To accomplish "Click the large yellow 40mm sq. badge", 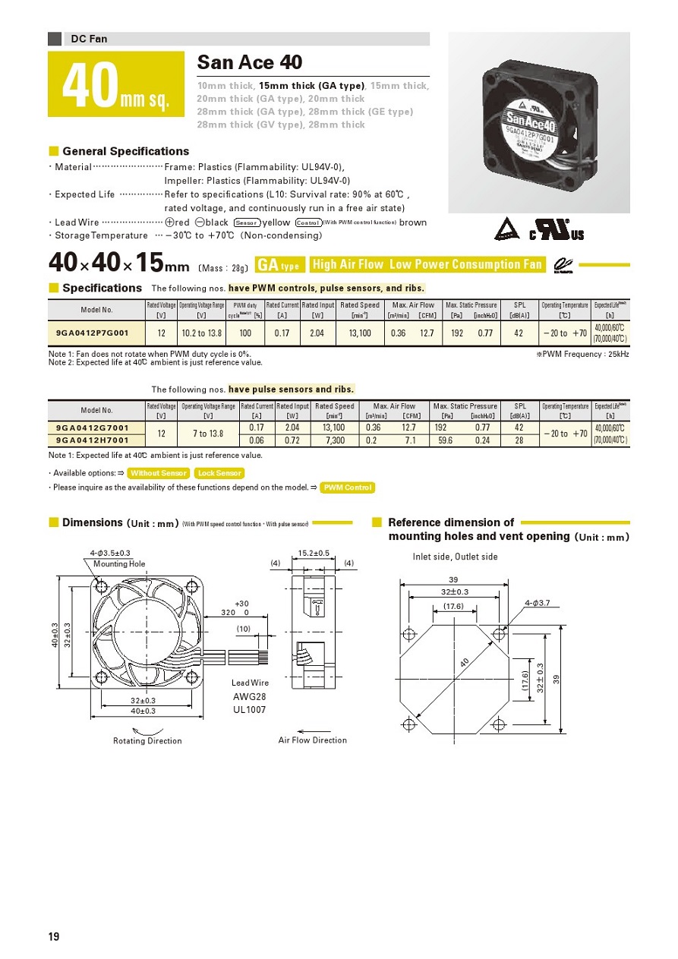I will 116,84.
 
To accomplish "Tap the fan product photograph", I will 539,122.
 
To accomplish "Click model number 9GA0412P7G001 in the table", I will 93,333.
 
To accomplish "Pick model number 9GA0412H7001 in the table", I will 93,440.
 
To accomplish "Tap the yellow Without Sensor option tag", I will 158,473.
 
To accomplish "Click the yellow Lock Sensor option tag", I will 219,473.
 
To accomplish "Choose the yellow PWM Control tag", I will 347,487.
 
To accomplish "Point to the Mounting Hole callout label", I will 119,564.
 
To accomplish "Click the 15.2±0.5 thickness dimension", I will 314,553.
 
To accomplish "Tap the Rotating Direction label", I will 147,740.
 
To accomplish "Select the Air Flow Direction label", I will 312,740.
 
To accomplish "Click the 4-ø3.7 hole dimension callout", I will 537,603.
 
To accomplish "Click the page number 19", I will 54,936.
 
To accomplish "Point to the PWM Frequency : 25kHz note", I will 582,354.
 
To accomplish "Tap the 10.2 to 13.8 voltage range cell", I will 201,333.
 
